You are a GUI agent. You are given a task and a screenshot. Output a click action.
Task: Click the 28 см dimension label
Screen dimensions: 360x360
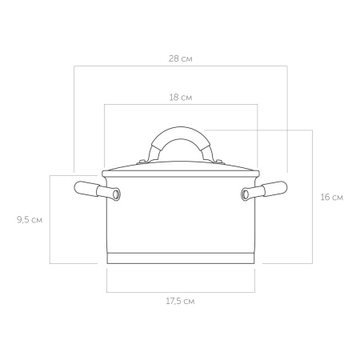coord(181,58)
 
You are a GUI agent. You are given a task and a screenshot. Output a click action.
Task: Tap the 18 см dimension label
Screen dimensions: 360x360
coord(181,98)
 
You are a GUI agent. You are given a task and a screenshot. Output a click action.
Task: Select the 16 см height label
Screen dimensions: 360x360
coord(332,198)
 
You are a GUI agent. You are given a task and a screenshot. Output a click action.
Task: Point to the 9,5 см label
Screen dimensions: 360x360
coord(30,220)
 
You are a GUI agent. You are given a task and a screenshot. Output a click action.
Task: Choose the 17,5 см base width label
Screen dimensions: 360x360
coord(180,302)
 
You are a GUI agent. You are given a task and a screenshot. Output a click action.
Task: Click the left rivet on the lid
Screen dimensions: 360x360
coord(142,162)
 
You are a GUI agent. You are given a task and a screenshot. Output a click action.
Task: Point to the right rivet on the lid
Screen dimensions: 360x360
coord(219,162)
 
